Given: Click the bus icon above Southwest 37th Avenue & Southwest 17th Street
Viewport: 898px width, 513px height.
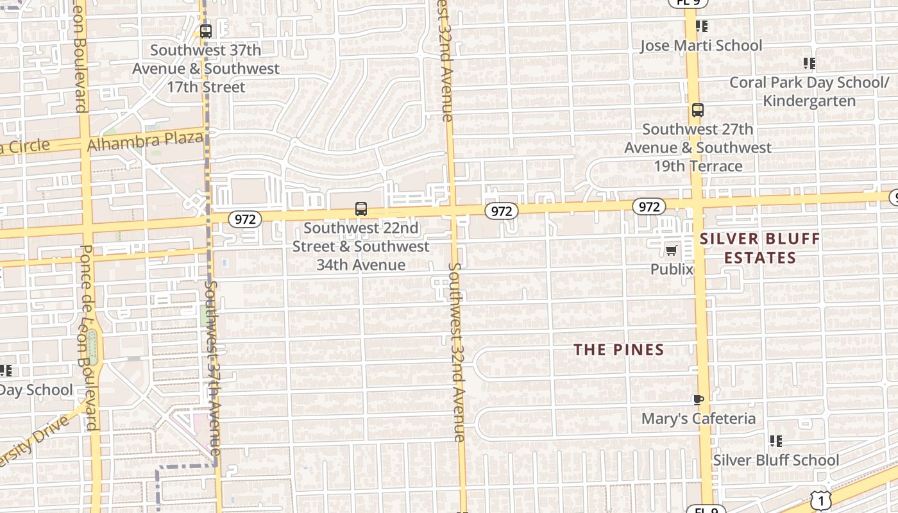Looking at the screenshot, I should click(x=206, y=31).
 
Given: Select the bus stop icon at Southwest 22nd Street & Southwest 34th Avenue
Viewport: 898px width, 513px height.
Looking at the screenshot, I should click(x=361, y=209).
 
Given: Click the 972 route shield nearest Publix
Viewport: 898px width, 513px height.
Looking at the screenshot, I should click(x=648, y=206).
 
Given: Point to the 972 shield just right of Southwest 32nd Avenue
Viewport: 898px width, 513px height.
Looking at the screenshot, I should click(x=501, y=211).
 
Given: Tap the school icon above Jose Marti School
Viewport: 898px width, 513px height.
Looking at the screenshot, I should click(x=702, y=26).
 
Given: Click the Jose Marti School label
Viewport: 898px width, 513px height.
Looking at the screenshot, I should click(x=701, y=46).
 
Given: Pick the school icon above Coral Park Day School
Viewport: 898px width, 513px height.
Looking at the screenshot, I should click(x=809, y=63).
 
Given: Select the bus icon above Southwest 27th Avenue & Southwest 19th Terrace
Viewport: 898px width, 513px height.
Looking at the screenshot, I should click(x=698, y=110).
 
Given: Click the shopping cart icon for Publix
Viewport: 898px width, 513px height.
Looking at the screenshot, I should click(x=672, y=250).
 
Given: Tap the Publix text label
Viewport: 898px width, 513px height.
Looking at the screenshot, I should click(x=672, y=269).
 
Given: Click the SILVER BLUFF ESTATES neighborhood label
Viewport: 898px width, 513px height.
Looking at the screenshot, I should click(x=759, y=249).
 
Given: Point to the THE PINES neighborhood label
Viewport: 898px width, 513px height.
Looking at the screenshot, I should click(x=618, y=349).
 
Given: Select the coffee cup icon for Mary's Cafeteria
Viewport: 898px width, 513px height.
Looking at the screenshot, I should click(x=699, y=400).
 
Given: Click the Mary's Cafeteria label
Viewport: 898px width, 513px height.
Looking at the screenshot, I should click(x=699, y=419).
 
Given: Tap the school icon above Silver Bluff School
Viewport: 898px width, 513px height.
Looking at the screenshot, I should click(x=776, y=441).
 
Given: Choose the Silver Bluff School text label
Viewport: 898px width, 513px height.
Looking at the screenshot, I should click(x=776, y=460).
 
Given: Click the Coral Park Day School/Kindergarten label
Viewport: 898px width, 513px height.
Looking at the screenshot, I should click(x=809, y=92).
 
